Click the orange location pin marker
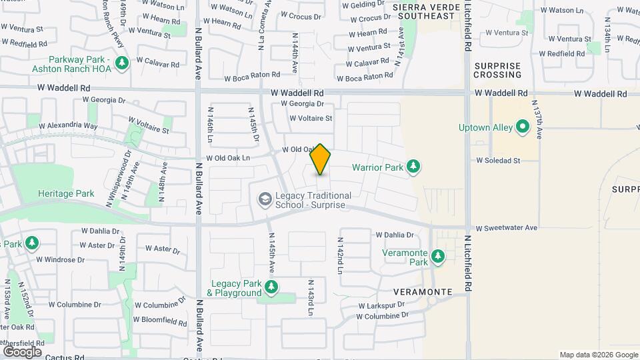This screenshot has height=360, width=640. click(321, 159)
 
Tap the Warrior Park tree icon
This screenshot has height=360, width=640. click(413, 166)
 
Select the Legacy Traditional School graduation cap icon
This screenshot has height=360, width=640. click(265, 199)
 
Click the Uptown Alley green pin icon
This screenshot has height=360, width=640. click(523, 127)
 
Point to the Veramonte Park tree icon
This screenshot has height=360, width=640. click(438, 257)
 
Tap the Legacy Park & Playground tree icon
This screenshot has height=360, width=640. click(271, 287)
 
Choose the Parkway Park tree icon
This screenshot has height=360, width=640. click(121, 63)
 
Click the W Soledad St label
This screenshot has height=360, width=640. click(498, 161)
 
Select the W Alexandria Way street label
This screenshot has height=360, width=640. click(68, 125)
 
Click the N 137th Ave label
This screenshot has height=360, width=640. click(537, 120)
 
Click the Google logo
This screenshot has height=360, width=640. click(22, 351)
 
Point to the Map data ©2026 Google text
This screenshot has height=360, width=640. click(599, 355)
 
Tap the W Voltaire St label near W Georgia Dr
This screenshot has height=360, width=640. click(311, 118)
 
